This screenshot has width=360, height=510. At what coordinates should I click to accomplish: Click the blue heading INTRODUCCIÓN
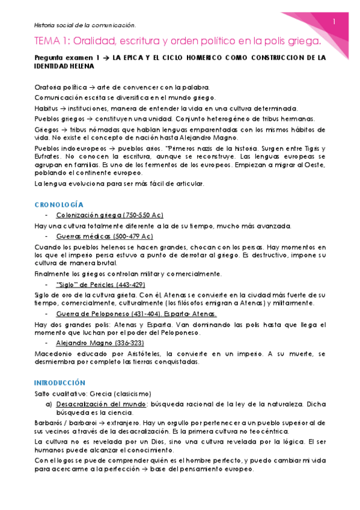60,382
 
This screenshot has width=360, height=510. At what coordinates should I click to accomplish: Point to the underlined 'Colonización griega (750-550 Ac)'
109,215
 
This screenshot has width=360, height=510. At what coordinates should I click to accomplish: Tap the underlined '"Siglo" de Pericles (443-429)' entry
100,284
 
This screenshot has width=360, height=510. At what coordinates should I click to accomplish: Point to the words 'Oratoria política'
59,88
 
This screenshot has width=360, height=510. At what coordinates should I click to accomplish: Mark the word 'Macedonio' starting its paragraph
53,354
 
